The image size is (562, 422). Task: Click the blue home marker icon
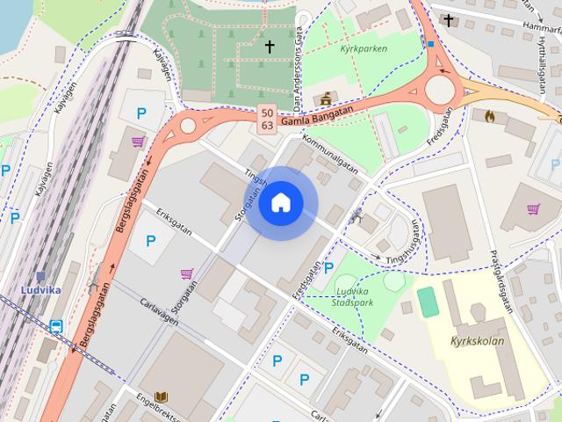280,203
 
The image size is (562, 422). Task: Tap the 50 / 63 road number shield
266,119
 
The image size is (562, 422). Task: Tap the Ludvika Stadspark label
350,296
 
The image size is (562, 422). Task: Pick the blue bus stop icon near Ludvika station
56,327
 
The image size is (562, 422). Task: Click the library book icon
161,397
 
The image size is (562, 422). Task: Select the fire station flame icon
489,114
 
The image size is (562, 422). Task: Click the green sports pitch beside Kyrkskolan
428,302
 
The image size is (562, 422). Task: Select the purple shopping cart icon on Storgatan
187,274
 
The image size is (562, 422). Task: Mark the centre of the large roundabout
438,89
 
